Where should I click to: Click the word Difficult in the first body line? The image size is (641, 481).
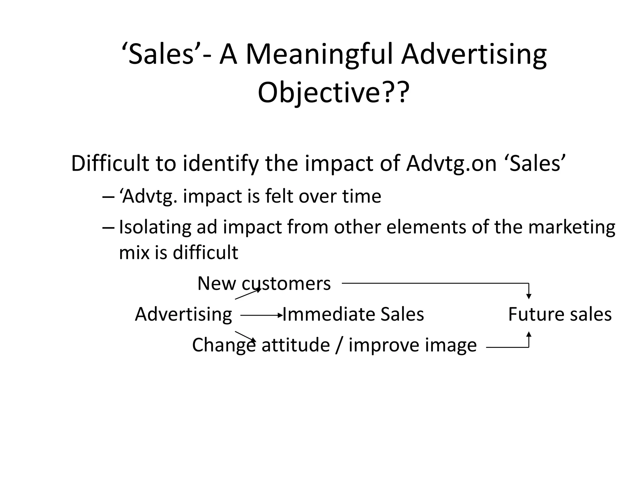[110, 163]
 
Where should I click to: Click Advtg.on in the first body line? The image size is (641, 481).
[451, 163]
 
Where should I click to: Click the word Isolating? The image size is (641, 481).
[155, 227]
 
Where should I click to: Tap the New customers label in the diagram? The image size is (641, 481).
[264, 284]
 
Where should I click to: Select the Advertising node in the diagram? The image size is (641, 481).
[183, 314]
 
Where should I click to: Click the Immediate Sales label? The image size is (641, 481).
[353, 314]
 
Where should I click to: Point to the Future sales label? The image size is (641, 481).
[560, 314]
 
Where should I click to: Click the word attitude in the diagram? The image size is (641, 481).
[295, 345]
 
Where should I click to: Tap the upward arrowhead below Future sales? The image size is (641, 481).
[529, 334]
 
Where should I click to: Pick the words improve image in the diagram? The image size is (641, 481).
[413, 345]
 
